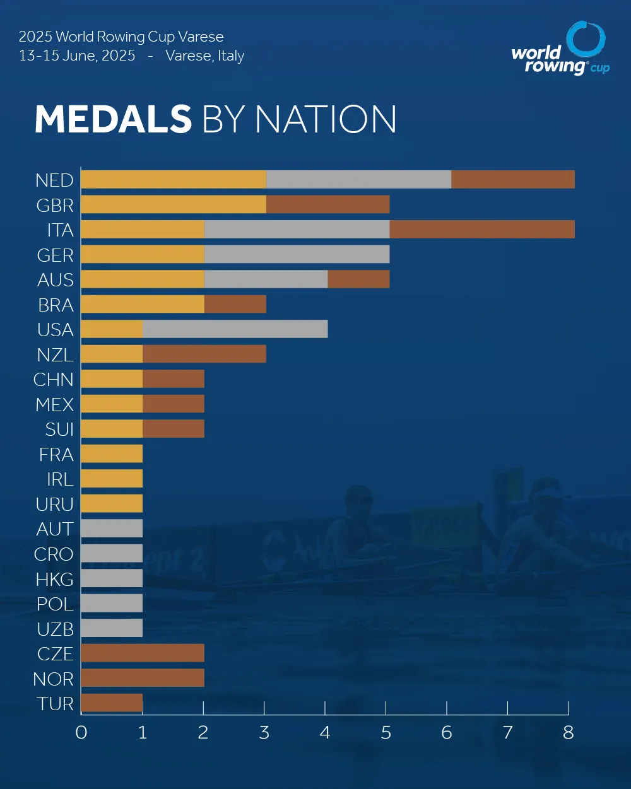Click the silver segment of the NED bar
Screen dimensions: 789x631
point(358,180)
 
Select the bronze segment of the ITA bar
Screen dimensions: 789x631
point(482,230)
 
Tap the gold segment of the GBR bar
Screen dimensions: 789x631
point(174,205)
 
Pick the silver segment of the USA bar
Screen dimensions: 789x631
point(235,329)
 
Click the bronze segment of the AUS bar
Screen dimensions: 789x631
point(358,279)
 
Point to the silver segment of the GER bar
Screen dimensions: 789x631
point(297,255)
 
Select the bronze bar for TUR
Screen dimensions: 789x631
point(112,703)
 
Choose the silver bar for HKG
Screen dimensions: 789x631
point(112,578)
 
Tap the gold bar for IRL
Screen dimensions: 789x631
point(112,479)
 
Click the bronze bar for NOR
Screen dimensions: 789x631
point(143,678)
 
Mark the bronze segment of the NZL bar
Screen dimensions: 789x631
point(204,354)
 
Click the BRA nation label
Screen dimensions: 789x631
point(56,305)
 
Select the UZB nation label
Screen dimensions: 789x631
point(55,628)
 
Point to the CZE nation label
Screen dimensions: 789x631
point(56,653)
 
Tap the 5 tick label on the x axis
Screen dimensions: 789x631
point(386,733)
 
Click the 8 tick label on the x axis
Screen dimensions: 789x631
point(569,733)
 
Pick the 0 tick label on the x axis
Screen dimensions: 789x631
point(81,733)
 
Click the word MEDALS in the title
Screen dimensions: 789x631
point(113,119)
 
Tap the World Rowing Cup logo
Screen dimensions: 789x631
point(560,49)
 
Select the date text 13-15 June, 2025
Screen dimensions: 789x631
point(77,56)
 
